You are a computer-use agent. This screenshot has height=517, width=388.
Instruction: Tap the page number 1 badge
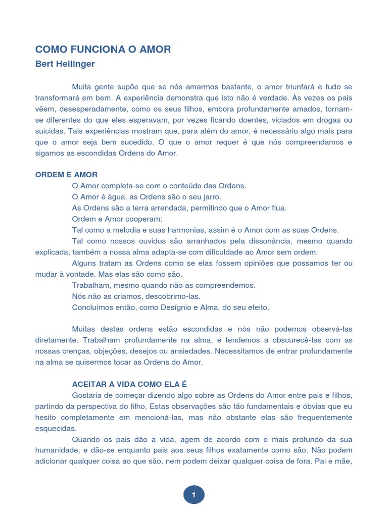click(x=194, y=495)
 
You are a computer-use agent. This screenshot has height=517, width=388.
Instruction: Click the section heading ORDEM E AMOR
click(x=67, y=175)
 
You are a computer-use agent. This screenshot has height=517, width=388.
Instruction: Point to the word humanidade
click(x=59, y=450)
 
